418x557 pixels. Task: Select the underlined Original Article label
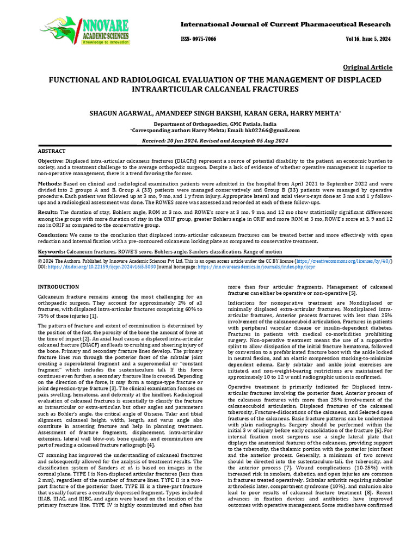tap(367, 67)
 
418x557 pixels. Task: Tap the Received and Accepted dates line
tap(214, 140)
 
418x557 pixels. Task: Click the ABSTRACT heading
tap(51, 151)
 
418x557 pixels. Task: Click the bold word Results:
tap(48, 211)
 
